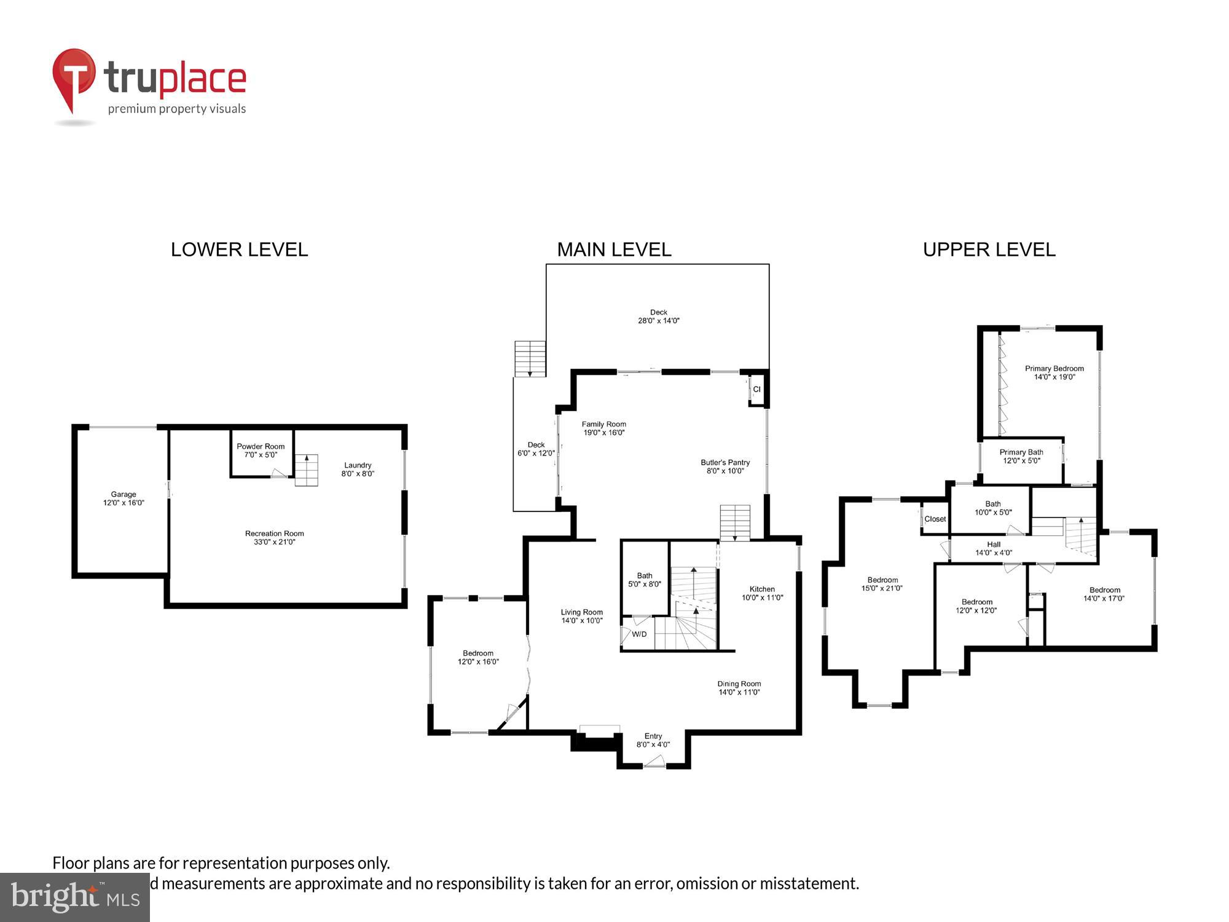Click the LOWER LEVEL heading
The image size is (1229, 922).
(x=239, y=250)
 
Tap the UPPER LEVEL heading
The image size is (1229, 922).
(x=989, y=250)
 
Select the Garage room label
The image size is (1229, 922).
(x=124, y=494)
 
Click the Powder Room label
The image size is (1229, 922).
(x=261, y=446)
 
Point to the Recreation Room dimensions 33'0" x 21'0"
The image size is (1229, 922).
(x=275, y=542)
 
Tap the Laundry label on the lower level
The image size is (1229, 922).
(x=358, y=465)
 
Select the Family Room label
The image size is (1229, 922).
(x=603, y=424)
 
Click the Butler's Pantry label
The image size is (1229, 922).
(x=725, y=462)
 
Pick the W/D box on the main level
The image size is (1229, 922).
(x=638, y=634)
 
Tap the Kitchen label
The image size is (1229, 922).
(x=762, y=589)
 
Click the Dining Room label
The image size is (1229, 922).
(x=739, y=684)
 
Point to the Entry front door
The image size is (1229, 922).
(x=654, y=764)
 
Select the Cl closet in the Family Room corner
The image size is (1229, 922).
(x=756, y=389)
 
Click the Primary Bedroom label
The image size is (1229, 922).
(x=1054, y=369)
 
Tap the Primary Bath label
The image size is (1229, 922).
(x=1021, y=452)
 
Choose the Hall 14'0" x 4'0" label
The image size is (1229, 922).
(x=994, y=548)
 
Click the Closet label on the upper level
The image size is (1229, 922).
(x=935, y=519)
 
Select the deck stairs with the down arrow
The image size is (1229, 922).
(x=530, y=359)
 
